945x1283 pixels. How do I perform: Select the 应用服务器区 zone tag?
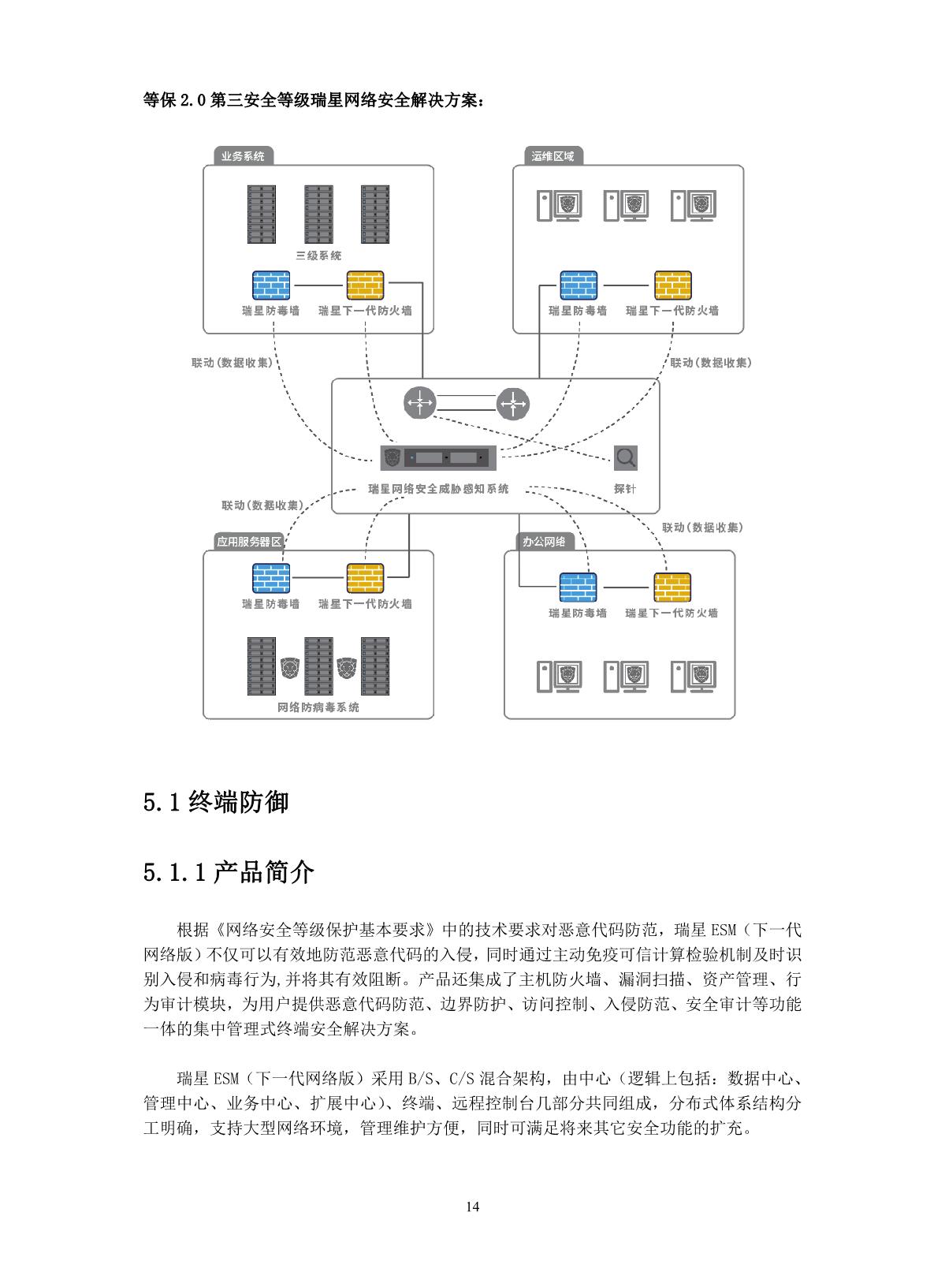[248, 542]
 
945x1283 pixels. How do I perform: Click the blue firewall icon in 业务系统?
[270, 285]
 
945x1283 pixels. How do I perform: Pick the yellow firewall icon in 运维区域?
[672, 285]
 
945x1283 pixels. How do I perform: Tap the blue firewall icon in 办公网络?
[578, 587]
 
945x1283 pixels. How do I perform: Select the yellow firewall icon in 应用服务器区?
[365, 578]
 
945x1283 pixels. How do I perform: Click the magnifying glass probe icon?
[625, 457]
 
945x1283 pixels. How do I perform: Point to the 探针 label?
[625, 489]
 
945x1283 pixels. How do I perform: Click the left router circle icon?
[419, 404]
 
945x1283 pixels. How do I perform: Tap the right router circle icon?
[513, 405]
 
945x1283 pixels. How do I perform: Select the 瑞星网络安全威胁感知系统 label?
[439, 489]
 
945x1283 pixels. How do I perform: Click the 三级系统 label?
[318, 255]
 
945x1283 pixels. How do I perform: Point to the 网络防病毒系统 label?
[318, 707]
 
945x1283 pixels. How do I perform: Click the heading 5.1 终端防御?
[216, 802]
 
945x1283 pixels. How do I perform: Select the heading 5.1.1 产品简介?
[229, 872]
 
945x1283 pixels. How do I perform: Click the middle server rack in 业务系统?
[318, 214]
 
